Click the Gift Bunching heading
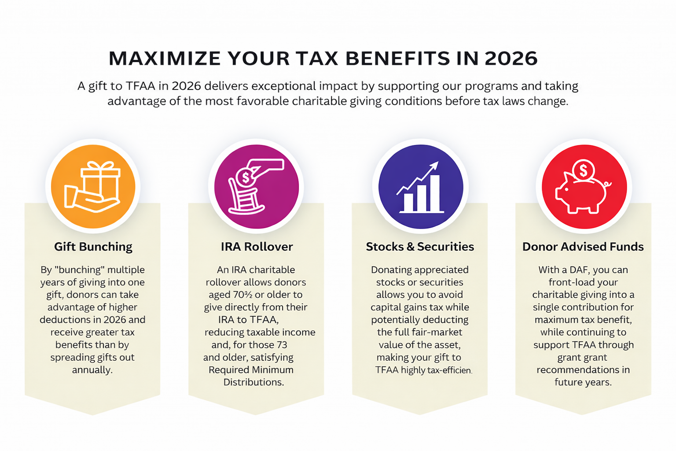coord(93,247)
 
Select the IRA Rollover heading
coord(257,247)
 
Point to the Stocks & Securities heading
coord(420,247)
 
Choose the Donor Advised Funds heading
coord(583,247)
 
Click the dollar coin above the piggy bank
coord(584,170)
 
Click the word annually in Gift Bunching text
coord(92,370)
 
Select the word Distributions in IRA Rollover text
coord(253,382)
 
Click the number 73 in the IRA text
coord(282,345)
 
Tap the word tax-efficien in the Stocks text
coord(449,370)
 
